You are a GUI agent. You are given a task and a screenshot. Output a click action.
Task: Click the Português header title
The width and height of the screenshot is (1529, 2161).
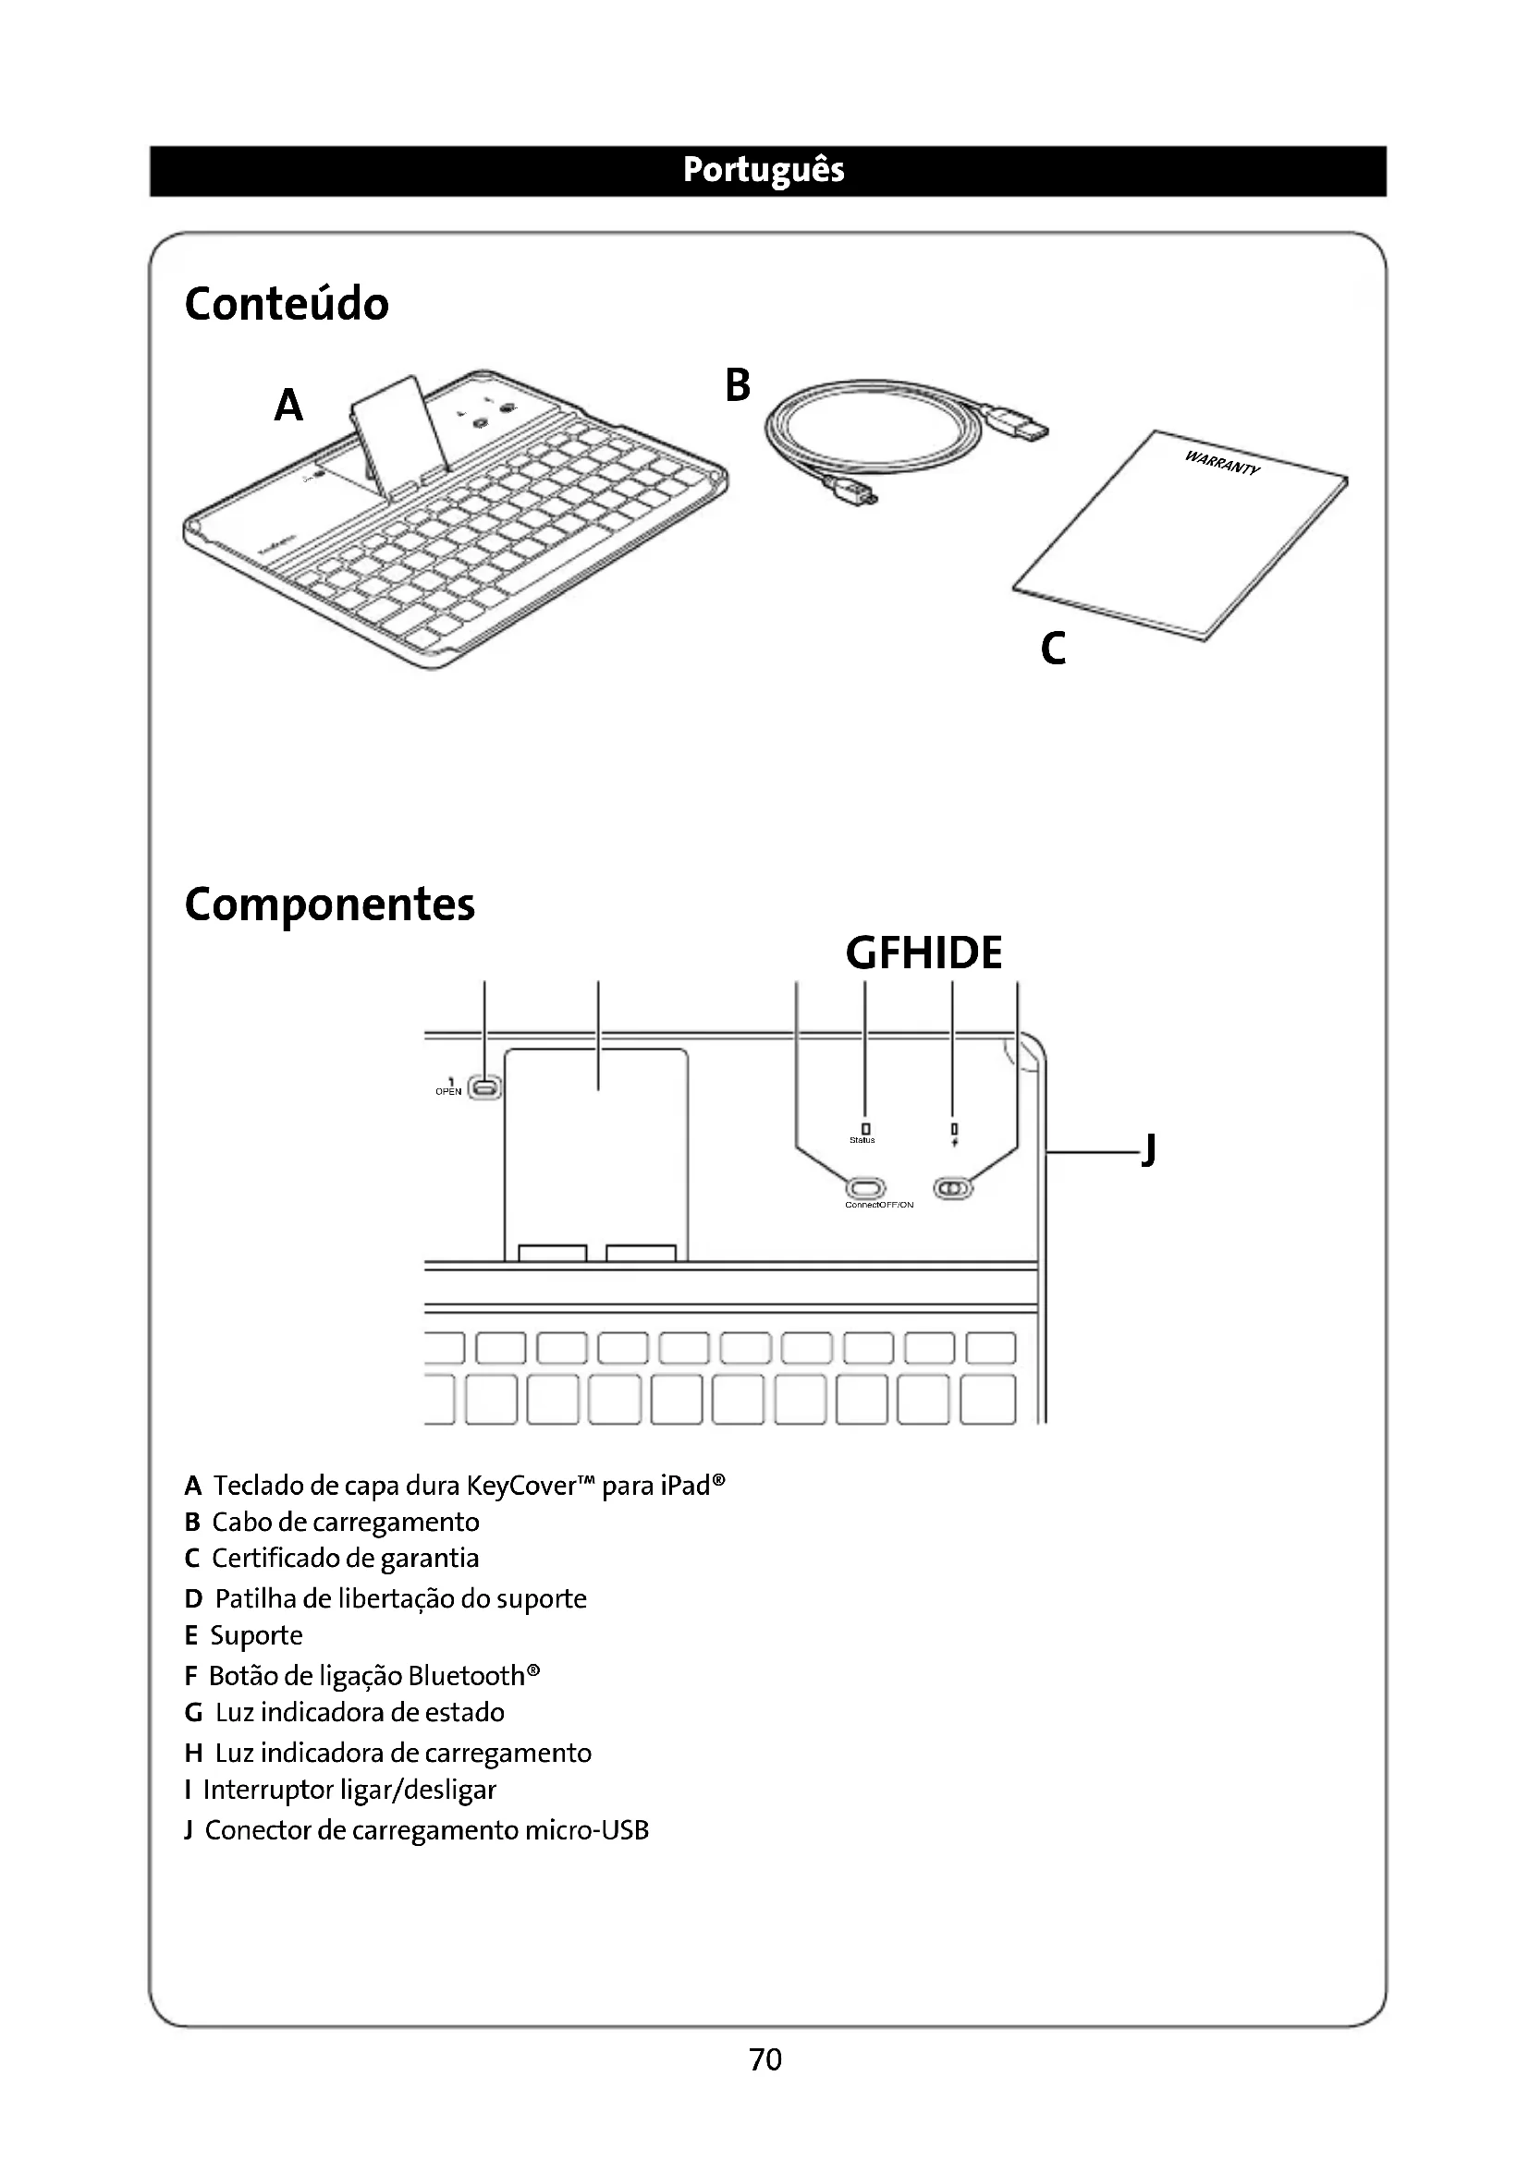click(764, 170)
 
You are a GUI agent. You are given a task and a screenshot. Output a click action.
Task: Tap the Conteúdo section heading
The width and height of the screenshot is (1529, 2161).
click(287, 304)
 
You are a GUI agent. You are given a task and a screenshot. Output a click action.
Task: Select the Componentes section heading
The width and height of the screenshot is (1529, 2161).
click(329, 904)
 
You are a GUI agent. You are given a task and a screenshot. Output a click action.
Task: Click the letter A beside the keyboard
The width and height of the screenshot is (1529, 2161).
click(288, 406)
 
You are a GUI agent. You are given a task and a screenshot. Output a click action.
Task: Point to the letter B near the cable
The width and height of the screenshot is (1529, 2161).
click(737, 385)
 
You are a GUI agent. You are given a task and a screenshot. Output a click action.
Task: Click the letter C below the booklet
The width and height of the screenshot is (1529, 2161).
click(1053, 649)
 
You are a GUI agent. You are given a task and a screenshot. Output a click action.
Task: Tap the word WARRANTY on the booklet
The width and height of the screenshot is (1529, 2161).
click(1221, 463)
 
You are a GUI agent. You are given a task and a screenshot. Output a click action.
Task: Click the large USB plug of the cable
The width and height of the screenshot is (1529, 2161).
click(1021, 423)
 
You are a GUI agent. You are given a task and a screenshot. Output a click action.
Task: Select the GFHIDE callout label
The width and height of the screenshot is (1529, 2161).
click(924, 953)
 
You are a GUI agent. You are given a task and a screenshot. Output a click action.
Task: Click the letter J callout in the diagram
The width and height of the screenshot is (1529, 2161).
click(1148, 1150)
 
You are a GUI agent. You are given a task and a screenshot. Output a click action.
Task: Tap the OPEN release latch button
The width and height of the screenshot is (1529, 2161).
click(485, 1088)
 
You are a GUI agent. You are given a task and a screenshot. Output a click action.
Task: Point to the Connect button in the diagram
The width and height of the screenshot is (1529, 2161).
click(866, 1187)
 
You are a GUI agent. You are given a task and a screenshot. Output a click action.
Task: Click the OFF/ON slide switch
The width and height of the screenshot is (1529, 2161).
click(953, 1189)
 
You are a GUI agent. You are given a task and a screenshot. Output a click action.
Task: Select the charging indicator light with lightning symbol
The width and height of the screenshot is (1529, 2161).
click(954, 1129)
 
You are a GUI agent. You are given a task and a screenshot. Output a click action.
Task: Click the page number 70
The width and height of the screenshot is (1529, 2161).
click(764, 2059)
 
